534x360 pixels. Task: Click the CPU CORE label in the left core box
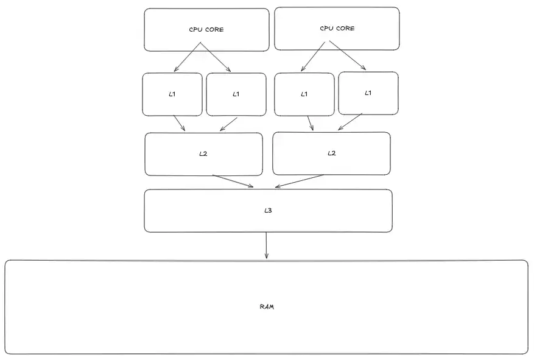[206, 29]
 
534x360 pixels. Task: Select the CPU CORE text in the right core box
[337, 29]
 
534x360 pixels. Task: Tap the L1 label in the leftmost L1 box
[172, 94]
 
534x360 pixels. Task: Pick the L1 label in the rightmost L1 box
[368, 93]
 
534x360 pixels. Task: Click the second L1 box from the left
[236, 94]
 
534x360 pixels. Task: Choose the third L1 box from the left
[304, 94]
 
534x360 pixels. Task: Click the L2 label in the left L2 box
[203, 154]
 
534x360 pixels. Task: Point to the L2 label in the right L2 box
[331, 154]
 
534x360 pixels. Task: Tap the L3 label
[267, 210]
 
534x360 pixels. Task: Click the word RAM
[267, 306]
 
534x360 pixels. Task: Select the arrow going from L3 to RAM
[266, 245]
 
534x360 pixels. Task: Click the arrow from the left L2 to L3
[233, 181]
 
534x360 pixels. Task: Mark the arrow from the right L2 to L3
[300, 181]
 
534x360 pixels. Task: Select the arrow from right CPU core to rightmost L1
[348, 57]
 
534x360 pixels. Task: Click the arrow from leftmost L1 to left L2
[179, 123]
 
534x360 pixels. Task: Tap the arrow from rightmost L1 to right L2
[350, 122]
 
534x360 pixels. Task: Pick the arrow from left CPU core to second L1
[216, 57]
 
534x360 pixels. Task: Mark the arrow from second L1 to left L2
[228, 124]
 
